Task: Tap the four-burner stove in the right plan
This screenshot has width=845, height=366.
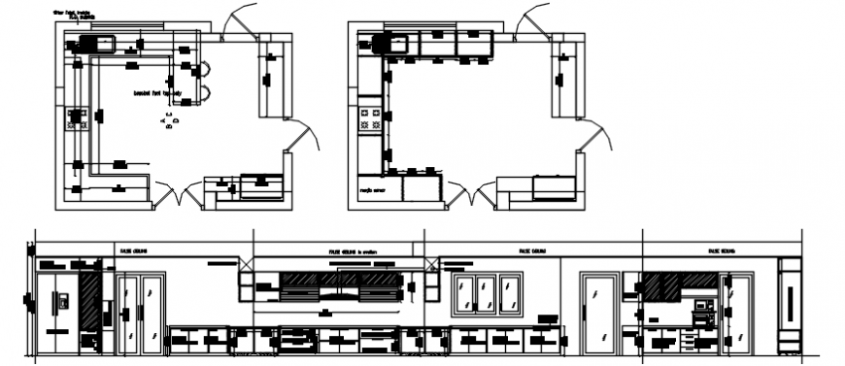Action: click(x=370, y=119)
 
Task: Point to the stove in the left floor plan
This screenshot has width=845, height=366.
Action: click(x=76, y=119)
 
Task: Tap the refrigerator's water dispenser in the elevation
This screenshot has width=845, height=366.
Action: click(x=63, y=301)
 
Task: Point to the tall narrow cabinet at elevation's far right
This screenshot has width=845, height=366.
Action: click(x=791, y=306)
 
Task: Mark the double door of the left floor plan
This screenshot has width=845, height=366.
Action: click(x=178, y=198)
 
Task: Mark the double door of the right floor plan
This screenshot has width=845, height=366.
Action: click(x=472, y=198)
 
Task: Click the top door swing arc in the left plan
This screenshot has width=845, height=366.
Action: click(x=237, y=18)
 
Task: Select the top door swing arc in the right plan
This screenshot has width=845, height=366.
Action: click(x=533, y=18)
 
